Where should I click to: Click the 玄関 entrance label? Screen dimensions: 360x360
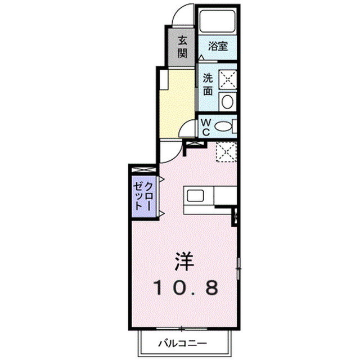click(x=182, y=47)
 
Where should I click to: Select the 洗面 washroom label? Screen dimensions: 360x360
click(x=208, y=85)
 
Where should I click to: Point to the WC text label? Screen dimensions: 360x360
click(x=206, y=127)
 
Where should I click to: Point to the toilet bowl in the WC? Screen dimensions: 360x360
click(x=223, y=127)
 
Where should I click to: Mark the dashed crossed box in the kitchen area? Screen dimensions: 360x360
click(x=225, y=151)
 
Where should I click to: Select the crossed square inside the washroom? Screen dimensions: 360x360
click(x=227, y=79)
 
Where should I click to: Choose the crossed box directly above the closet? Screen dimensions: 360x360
click(x=143, y=169)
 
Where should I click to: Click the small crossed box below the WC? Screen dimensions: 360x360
click(x=195, y=145)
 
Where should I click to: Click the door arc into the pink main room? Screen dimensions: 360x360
click(x=167, y=151)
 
